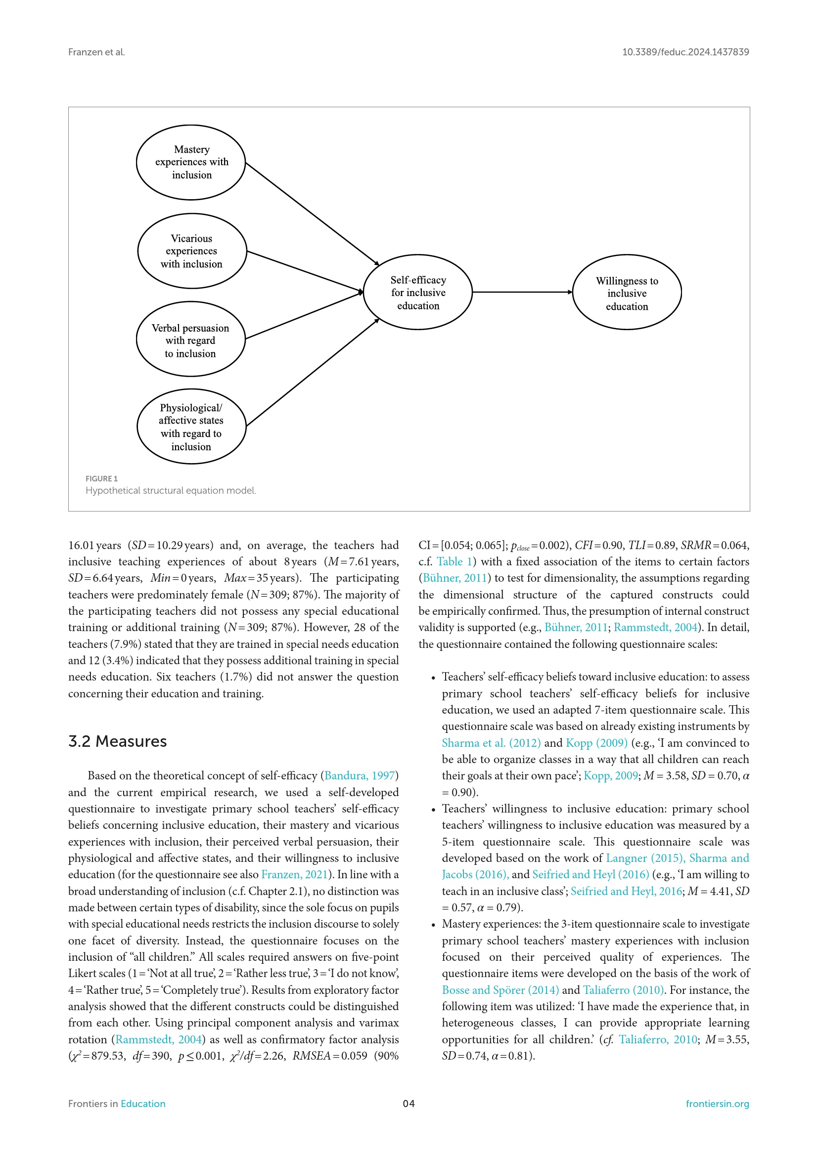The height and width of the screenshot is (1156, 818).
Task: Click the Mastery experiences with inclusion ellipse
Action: click(191, 162)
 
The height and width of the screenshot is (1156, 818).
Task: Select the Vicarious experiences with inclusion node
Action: click(192, 251)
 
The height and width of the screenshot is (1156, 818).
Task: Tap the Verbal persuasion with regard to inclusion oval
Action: click(190, 340)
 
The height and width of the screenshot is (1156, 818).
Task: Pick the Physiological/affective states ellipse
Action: click(191, 426)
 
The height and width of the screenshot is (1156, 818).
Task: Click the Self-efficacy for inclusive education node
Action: click(417, 292)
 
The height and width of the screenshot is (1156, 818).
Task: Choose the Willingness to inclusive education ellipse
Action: click(627, 292)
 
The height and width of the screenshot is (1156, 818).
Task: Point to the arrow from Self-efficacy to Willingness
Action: click(522, 292)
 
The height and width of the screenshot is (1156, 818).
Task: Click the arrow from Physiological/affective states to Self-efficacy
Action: click(312, 373)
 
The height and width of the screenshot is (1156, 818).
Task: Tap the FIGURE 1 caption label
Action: click(101, 478)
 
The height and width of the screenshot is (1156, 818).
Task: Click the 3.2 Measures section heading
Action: click(117, 741)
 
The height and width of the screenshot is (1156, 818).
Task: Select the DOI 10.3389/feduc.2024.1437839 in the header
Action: click(685, 52)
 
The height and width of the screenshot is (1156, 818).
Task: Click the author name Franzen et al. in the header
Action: click(96, 52)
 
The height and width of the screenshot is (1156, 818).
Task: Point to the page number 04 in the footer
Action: click(409, 1104)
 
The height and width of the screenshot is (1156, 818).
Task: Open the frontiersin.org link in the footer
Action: click(717, 1104)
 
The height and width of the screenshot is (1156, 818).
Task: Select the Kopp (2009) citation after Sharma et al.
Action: click(596, 743)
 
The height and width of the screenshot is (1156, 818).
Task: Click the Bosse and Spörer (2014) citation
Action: click(500, 990)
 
